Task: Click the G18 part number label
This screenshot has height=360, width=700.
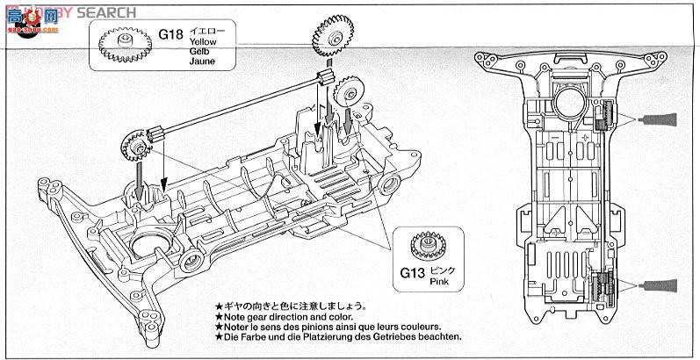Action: [170, 38]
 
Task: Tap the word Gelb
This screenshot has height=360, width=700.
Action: [198, 53]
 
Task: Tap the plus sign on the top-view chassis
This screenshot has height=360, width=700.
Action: [584, 140]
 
